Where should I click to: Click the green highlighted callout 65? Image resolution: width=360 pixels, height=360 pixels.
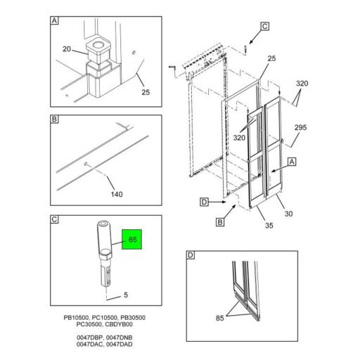131,239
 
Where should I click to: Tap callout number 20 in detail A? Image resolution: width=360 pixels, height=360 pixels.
67,49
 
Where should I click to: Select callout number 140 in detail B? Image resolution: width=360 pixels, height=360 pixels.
117,194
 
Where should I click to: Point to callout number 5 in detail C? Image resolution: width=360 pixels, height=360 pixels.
126,295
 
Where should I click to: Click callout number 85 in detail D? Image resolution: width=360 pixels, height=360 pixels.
220,318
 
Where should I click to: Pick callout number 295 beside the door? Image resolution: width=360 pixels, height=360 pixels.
301,127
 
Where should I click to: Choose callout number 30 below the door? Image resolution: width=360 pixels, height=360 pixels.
288,214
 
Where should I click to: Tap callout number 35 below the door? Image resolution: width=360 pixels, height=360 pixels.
269,226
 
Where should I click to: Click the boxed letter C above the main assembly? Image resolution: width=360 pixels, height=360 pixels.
265,26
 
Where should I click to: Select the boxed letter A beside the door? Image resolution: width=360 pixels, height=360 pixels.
292,162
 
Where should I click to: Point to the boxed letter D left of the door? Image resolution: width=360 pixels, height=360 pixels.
205,202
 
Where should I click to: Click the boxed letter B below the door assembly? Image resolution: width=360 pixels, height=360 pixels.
220,222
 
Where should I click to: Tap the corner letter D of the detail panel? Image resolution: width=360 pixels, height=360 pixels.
191,255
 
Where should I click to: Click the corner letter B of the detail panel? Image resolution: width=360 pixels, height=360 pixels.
54,119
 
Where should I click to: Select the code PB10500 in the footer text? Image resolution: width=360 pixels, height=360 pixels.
77,318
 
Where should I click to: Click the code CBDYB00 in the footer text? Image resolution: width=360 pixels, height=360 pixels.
119,324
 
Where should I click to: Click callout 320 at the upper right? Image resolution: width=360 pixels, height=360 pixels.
302,84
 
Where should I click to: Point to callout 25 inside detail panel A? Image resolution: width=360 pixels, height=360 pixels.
146,92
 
